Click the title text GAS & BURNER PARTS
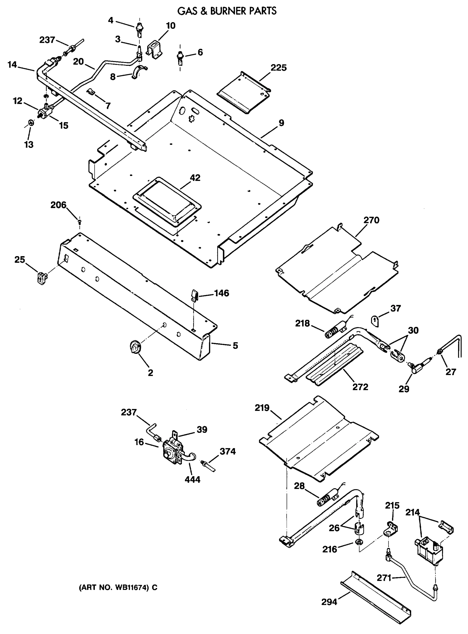tap(227, 11)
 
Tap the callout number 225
tap(279, 68)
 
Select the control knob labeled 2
tap(135, 347)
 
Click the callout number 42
tap(195, 178)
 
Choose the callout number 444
tap(192, 479)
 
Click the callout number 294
tap(329, 609)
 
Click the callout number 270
tap(371, 220)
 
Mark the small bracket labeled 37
tap(375, 321)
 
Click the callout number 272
tap(360, 386)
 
